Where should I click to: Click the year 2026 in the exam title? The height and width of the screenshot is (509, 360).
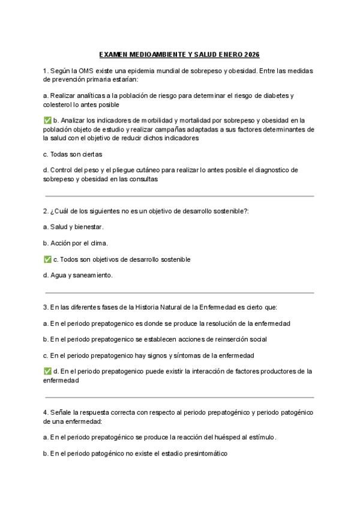coord(252,55)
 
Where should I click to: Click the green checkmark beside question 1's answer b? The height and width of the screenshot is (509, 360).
coord(47,121)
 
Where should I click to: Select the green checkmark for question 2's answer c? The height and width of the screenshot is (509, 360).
coord(47,259)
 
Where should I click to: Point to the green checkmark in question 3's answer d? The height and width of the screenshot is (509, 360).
coord(47,372)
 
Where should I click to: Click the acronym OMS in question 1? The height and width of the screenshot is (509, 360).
coord(84,71)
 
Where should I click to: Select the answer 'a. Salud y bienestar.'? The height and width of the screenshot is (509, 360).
coord(74,227)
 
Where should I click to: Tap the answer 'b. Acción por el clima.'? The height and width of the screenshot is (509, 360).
coord(76,243)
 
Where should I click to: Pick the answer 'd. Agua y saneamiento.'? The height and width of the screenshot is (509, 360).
coord(78,276)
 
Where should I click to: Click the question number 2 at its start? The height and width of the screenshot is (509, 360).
coord(46,211)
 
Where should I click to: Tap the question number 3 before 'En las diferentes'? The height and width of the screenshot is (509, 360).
coord(46,307)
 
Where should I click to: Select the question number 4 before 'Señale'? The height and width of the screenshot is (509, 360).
coord(46,412)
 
